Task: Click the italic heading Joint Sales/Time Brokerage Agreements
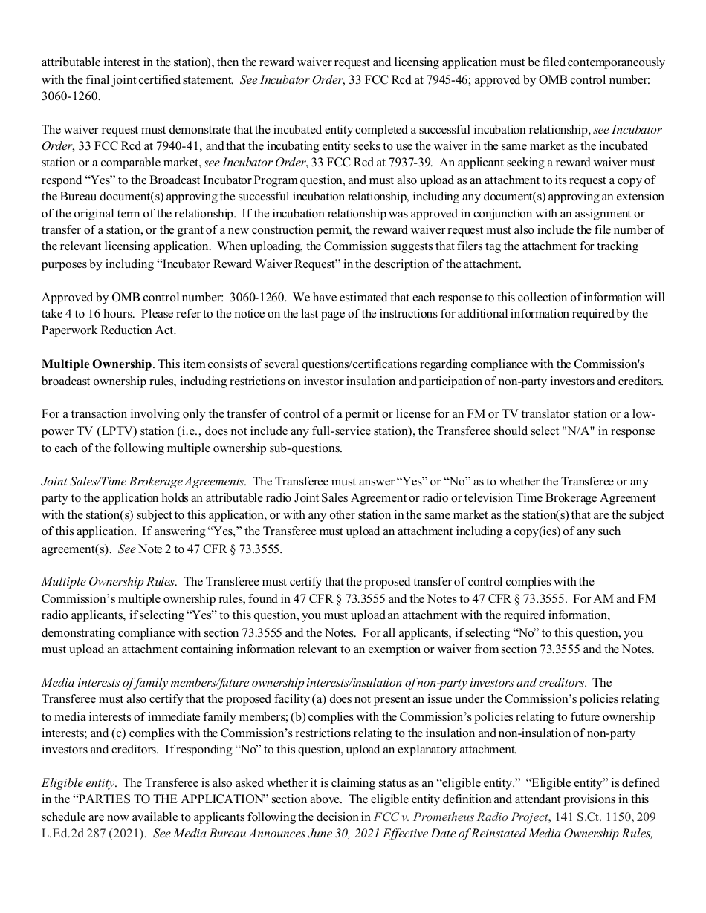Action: tap(143, 481)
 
